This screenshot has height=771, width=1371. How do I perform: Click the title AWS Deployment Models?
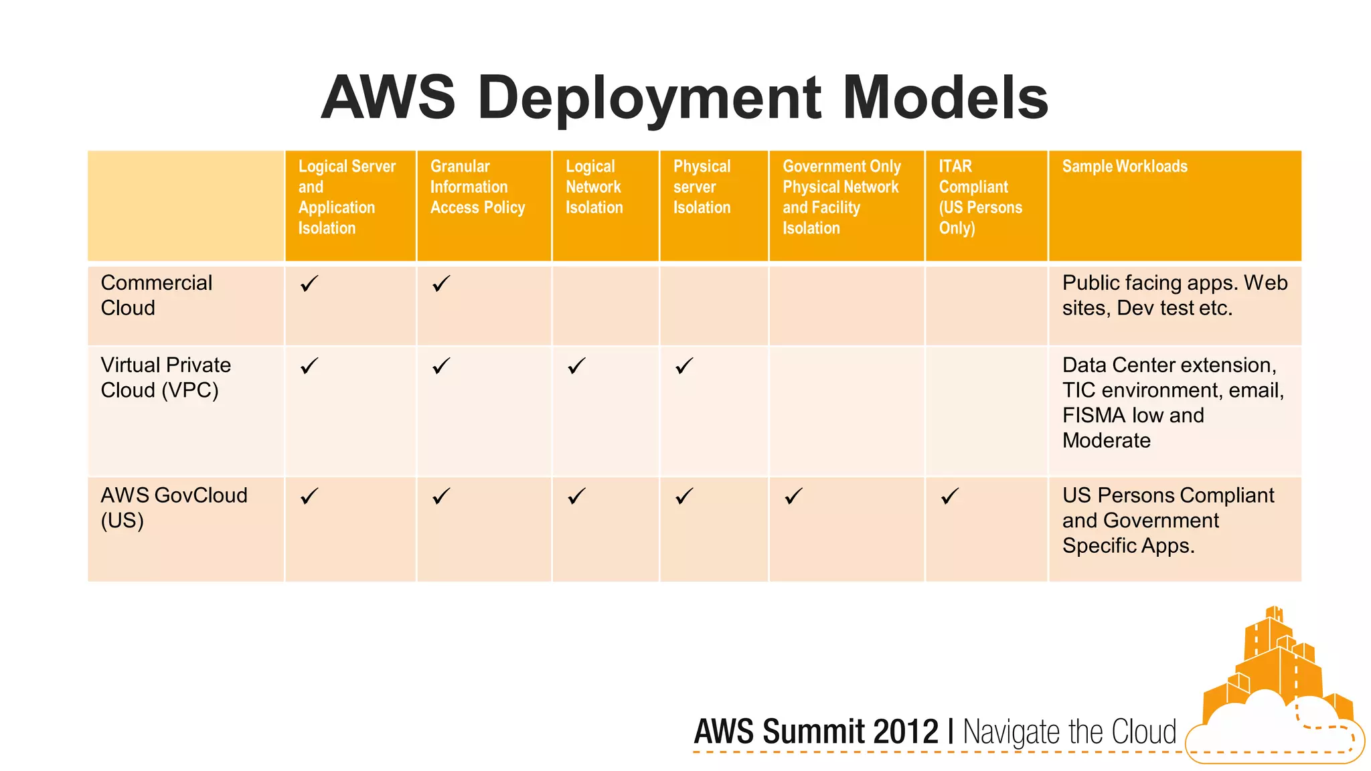click(x=684, y=98)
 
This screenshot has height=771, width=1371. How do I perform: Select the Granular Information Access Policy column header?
click(x=477, y=187)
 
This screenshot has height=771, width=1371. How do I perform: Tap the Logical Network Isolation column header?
click(x=594, y=187)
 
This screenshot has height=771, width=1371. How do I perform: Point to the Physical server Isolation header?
click(x=702, y=187)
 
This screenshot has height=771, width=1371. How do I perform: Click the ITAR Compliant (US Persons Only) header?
click(x=980, y=197)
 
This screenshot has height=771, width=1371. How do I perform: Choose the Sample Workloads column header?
click(x=1125, y=166)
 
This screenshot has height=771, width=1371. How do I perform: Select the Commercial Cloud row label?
click(x=156, y=295)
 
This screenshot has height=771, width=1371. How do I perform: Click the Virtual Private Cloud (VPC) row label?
click(x=165, y=377)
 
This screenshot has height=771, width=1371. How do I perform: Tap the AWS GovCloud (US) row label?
click(x=173, y=507)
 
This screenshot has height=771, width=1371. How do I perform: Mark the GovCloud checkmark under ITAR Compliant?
click(x=950, y=496)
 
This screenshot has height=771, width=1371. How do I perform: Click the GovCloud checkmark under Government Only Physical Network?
click(x=793, y=496)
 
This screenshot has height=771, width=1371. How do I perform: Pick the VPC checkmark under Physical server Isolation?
click(x=684, y=366)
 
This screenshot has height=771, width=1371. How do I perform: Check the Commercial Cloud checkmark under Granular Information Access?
click(x=441, y=284)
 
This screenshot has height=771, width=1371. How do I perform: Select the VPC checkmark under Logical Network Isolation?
click(x=576, y=366)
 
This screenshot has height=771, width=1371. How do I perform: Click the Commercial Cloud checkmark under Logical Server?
click(x=309, y=284)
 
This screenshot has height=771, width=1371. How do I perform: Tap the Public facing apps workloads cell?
click(x=1174, y=295)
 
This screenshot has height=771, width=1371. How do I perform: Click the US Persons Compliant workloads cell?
click(x=1167, y=520)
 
